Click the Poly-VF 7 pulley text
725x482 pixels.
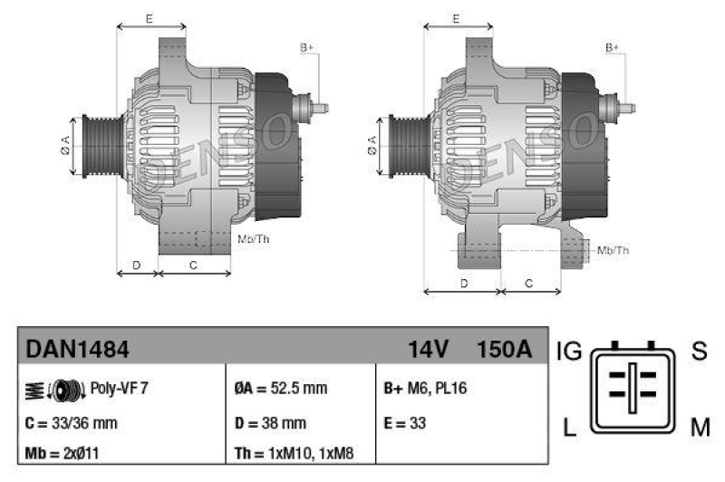[120, 388]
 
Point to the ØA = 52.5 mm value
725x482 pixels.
[280, 389]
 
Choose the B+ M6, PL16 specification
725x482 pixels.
[426, 389]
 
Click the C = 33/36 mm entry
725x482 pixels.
[72, 423]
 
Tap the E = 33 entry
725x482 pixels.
[405, 423]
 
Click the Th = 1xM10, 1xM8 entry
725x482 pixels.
[294, 453]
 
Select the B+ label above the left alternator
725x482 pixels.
[306, 46]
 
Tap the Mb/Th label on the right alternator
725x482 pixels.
[614, 250]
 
